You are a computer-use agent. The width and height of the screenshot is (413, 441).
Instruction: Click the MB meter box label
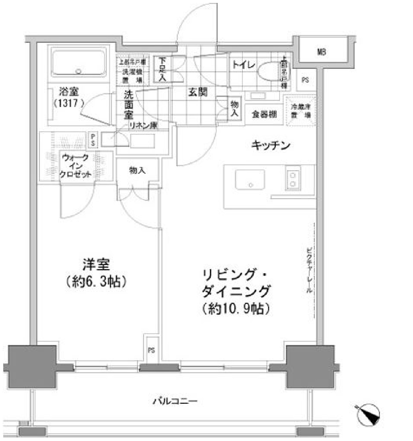click(321, 52)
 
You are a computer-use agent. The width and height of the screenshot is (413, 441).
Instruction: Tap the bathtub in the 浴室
click(79, 63)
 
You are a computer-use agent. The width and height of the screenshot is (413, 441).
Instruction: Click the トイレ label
click(243, 65)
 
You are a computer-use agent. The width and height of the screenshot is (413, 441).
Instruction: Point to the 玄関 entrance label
click(198, 92)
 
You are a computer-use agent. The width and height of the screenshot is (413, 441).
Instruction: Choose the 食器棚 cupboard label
click(264, 114)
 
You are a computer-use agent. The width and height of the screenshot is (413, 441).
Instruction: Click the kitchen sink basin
click(249, 179)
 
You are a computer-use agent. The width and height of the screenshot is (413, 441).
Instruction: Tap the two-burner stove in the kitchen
click(293, 179)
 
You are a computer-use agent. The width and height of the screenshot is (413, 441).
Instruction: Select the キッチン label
click(271, 146)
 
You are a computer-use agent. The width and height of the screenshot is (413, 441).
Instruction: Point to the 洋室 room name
click(96, 265)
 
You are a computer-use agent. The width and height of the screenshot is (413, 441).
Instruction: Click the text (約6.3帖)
click(96, 281)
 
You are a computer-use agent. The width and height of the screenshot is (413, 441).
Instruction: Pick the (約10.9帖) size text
click(236, 309)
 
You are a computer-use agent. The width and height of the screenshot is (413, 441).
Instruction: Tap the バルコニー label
click(175, 401)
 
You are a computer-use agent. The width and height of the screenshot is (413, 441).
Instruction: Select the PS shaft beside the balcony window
click(152, 350)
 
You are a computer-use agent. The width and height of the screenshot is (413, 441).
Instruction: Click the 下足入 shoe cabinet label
click(163, 69)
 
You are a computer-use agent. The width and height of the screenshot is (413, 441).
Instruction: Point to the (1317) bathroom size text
click(69, 103)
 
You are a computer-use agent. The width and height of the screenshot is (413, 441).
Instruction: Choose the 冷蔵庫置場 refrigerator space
click(300, 111)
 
